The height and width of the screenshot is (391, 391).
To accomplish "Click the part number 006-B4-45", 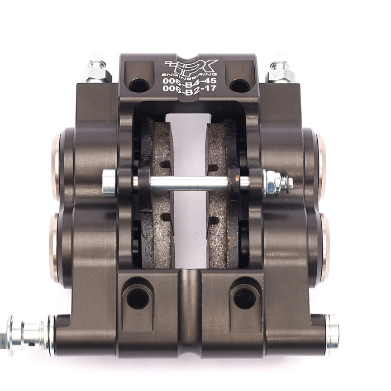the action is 189,80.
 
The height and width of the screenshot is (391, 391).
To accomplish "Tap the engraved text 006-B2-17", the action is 189,88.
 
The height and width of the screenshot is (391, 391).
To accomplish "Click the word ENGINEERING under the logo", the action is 189,74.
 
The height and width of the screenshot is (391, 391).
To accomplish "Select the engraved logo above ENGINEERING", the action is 192,66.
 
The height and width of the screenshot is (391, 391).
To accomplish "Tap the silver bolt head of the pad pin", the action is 109,183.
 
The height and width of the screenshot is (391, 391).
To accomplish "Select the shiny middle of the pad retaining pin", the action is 189,183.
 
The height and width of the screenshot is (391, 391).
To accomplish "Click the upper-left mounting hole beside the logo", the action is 139,85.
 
